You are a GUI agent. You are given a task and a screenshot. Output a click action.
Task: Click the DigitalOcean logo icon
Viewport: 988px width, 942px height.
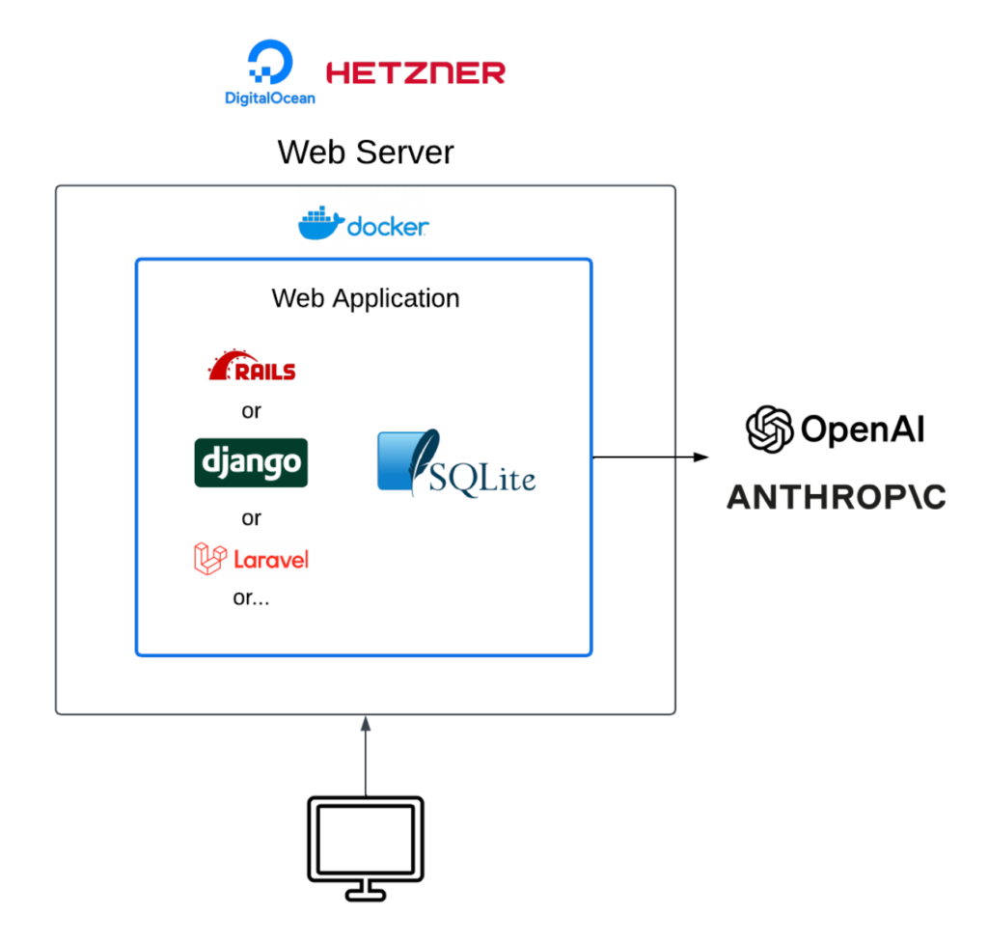point(268,63)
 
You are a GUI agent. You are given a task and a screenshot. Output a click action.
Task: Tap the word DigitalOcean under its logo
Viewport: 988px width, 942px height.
point(269,97)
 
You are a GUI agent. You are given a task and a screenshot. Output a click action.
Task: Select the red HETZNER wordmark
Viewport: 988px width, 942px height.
point(416,72)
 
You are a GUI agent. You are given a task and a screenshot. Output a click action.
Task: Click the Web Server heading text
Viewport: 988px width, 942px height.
point(365,152)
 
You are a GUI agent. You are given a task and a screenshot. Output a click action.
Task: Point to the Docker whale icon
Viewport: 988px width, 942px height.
point(319,223)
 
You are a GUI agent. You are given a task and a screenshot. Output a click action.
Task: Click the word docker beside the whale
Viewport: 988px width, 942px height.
point(387,228)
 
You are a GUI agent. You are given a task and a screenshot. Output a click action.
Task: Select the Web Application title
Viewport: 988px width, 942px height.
point(365,298)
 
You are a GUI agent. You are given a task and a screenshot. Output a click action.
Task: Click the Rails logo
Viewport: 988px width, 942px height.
point(252,366)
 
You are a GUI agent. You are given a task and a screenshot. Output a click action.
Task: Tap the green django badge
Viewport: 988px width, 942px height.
point(251,462)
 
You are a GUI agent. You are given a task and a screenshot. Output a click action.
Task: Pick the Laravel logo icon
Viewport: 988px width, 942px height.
point(209,559)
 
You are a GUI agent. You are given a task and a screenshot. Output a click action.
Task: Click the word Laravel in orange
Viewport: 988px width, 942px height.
point(271,559)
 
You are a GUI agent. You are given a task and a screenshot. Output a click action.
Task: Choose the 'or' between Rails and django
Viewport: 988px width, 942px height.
point(251,412)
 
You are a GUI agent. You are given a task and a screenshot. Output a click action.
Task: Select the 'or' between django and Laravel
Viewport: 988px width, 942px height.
point(251,518)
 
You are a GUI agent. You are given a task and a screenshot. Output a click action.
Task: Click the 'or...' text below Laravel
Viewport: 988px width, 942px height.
point(251,597)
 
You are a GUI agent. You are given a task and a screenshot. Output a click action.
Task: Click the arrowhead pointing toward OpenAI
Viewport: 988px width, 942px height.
point(702,457)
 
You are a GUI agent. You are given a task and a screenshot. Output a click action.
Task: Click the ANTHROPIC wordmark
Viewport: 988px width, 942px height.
point(836,497)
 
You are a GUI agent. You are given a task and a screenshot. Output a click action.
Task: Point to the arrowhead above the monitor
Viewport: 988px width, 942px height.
point(366,720)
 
